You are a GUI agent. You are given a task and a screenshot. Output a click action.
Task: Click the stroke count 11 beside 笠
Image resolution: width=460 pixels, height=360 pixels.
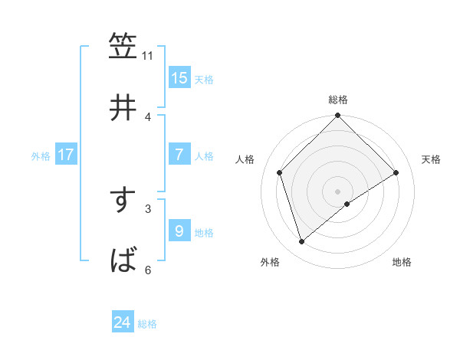coord(148,55)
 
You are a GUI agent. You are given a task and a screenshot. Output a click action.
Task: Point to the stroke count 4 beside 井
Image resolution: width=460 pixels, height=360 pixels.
coord(148,116)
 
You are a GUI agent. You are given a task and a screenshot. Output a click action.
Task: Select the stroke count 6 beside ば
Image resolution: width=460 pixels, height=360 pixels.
coord(148,270)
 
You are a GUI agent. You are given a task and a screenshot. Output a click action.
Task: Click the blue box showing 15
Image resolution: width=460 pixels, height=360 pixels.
coord(179,78)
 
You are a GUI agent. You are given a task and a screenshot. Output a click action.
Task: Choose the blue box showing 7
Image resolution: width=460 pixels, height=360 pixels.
coord(179,155)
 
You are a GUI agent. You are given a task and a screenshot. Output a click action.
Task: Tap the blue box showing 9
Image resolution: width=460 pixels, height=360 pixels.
coord(179,231)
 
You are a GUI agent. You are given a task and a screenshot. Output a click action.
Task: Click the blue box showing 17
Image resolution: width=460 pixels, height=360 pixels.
coord(66,155)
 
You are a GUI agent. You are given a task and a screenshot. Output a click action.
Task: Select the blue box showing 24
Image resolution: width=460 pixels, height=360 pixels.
coord(123,323)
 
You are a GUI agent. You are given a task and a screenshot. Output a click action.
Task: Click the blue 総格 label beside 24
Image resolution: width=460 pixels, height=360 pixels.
coord(147,324)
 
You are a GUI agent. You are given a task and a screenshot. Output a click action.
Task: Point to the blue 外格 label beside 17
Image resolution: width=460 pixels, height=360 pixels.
coord(41,155)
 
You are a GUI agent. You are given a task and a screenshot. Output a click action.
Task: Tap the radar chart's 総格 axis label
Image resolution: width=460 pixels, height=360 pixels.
coord(338,100)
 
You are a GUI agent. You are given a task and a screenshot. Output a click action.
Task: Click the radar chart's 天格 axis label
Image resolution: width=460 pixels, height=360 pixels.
coord(432,159)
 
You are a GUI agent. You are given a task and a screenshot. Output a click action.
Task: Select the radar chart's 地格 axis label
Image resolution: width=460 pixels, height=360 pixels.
coord(402,263)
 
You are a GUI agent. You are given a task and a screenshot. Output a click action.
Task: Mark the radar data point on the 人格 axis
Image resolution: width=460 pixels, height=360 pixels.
coord(280,172)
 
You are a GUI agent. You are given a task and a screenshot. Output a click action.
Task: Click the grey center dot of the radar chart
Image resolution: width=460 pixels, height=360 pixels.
coord(338,191)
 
